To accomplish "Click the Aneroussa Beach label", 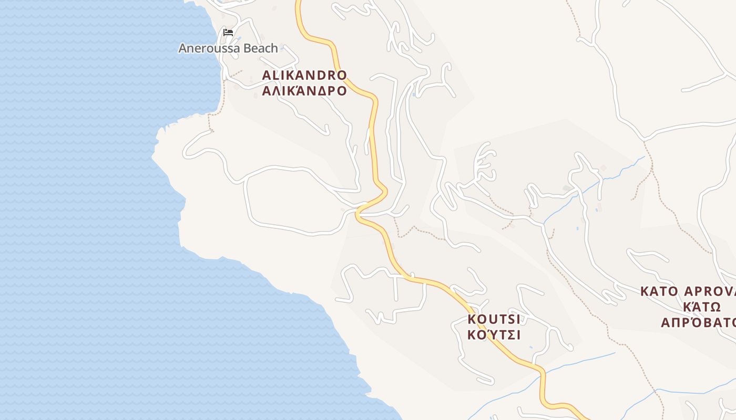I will pyautogui.click(x=228, y=48).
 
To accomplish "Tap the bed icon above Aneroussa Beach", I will pyautogui.click(x=228, y=33).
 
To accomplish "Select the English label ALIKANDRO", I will pyautogui.click(x=304, y=75).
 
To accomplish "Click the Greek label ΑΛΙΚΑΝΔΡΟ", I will pyautogui.click(x=304, y=91).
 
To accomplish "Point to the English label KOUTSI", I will pyautogui.click(x=494, y=319).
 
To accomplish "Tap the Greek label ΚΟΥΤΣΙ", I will pyautogui.click(x=494, y=334).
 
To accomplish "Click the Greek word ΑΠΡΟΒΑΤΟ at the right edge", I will pyautogui.click(x=698, y=322).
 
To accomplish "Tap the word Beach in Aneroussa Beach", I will pyautogui.click(x=260, y=48).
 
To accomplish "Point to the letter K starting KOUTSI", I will pyautogui.click(x=472, y=319).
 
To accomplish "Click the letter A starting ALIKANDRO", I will pyautogui.click(x=266, y=75).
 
